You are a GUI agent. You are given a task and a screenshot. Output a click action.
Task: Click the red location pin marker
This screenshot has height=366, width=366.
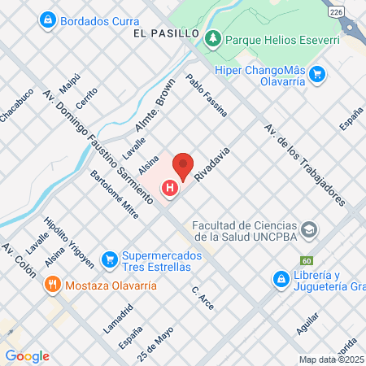[x=183, y=166]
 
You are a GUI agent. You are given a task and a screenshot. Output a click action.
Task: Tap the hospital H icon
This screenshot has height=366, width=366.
[x=170, y=190]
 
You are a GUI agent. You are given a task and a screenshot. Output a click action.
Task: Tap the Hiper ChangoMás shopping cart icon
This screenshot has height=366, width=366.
[x=318, y=75]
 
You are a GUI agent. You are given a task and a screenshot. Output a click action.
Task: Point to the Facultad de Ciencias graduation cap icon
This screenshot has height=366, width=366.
[x=308, y=231]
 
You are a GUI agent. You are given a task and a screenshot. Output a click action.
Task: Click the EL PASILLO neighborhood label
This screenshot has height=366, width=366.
[x=169, y=34]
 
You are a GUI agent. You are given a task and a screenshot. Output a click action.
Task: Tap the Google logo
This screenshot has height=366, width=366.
[x=27, y=356]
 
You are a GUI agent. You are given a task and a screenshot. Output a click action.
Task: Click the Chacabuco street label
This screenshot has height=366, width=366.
[x=16, y=105]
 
